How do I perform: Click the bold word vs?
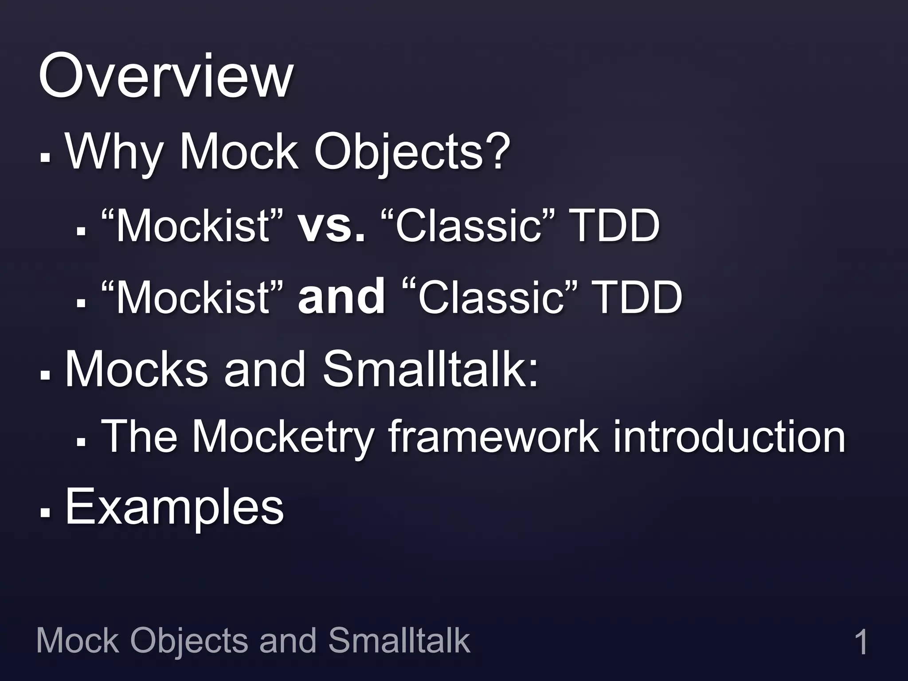[332, 226]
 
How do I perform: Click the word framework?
[493, 436]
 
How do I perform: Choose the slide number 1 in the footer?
[861, 642]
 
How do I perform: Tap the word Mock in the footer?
[78, 640]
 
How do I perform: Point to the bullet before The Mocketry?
[81, 442]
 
